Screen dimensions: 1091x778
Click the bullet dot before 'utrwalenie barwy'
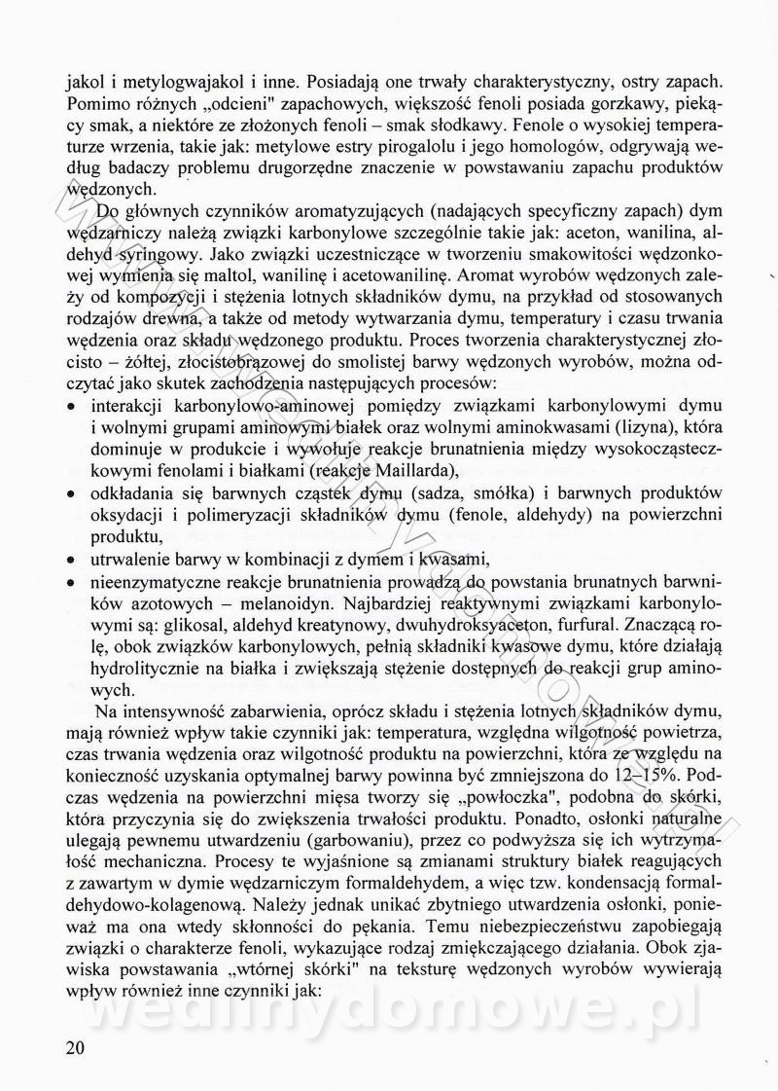click(x=74, y=561)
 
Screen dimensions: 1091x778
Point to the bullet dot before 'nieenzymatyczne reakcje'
click(x=74, y=582)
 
